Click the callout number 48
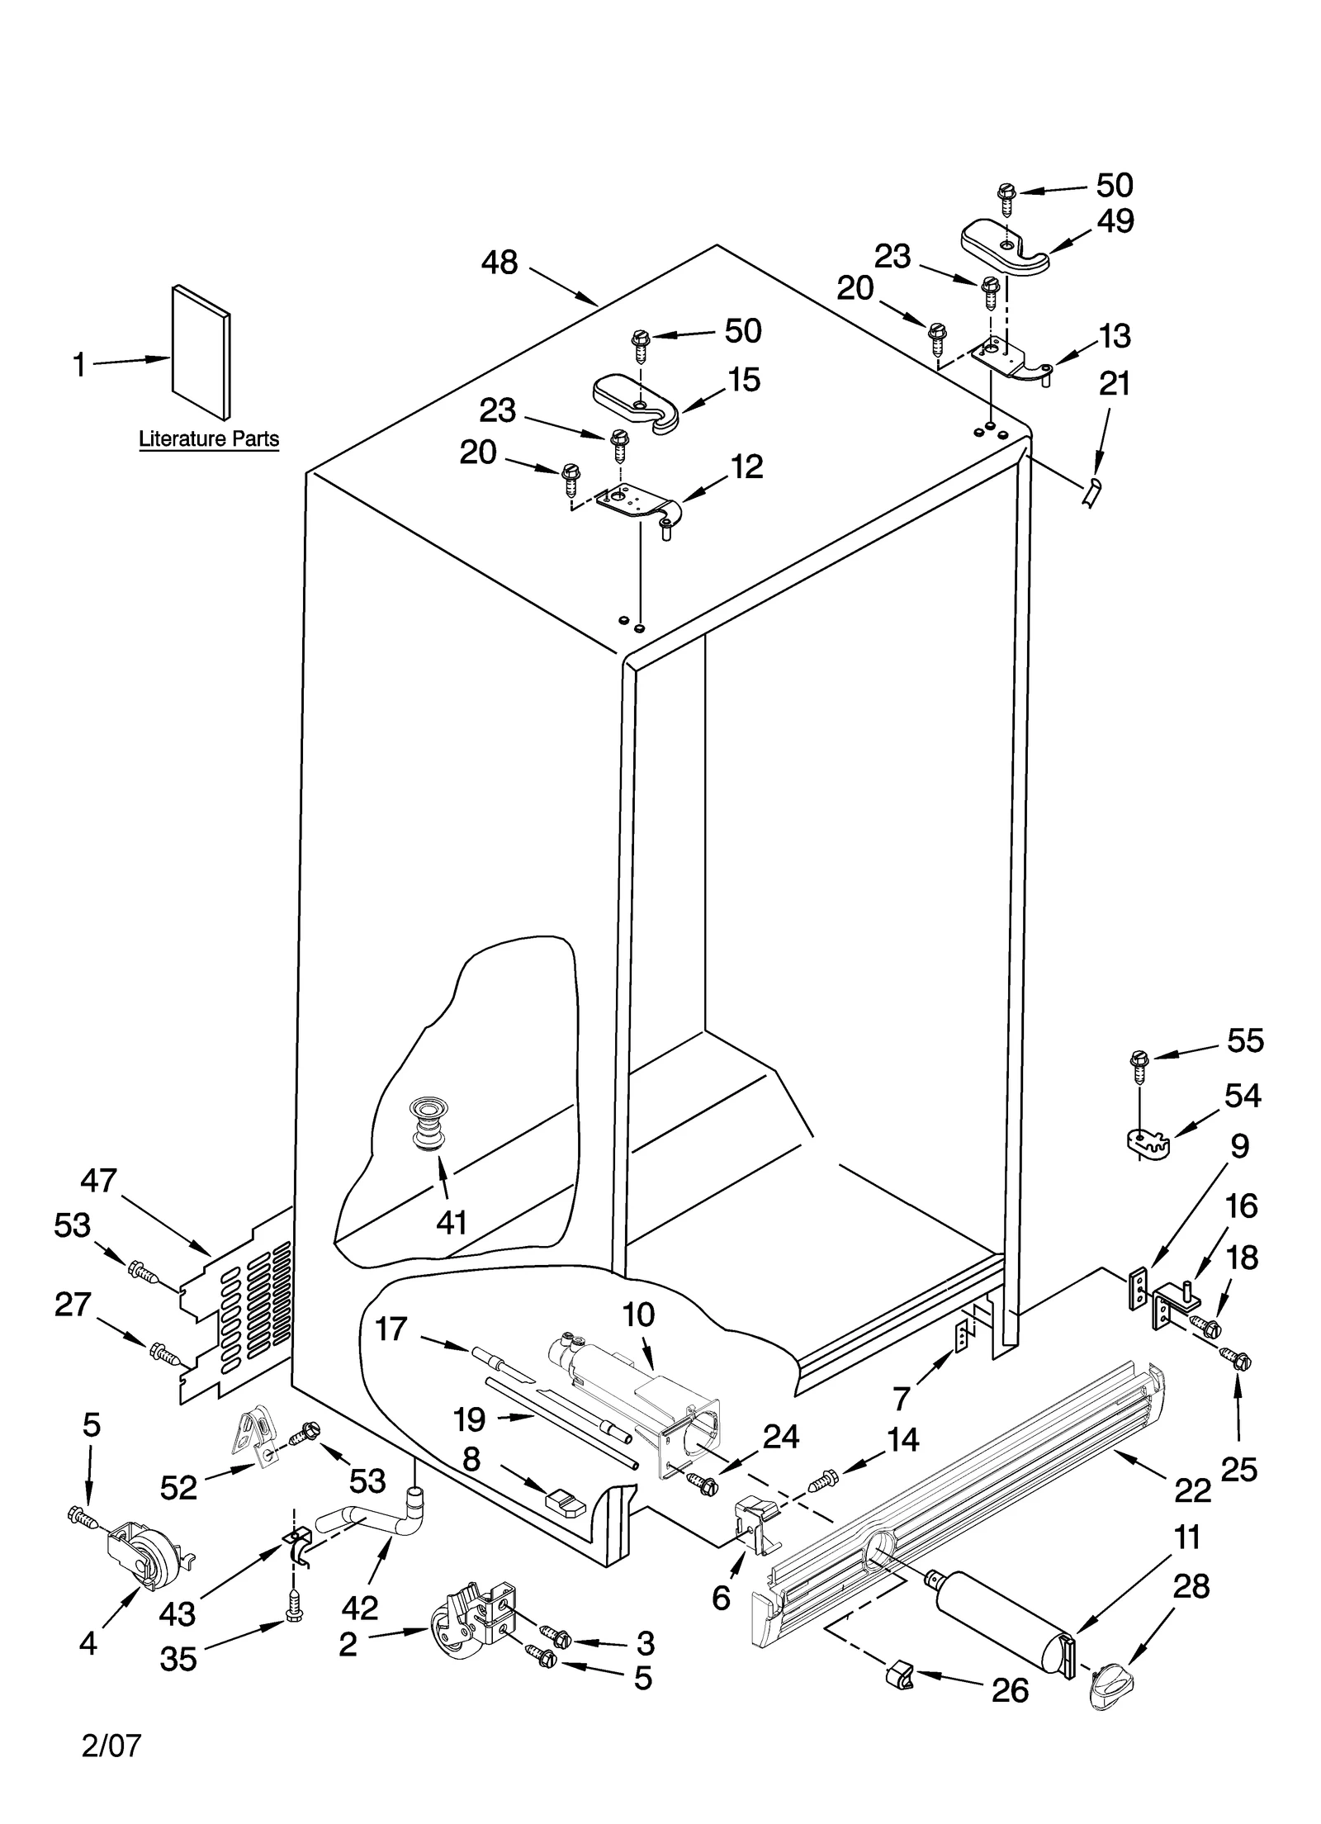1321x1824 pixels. [x=499, y=263]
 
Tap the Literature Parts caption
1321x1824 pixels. [x=208, y=438]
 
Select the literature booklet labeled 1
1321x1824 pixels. [x=201, y=353]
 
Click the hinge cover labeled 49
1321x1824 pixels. [x=1004, y=246]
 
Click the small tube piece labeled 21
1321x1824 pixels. [x=1091, y=492]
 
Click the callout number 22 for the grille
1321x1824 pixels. [x=1191, y=1490]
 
